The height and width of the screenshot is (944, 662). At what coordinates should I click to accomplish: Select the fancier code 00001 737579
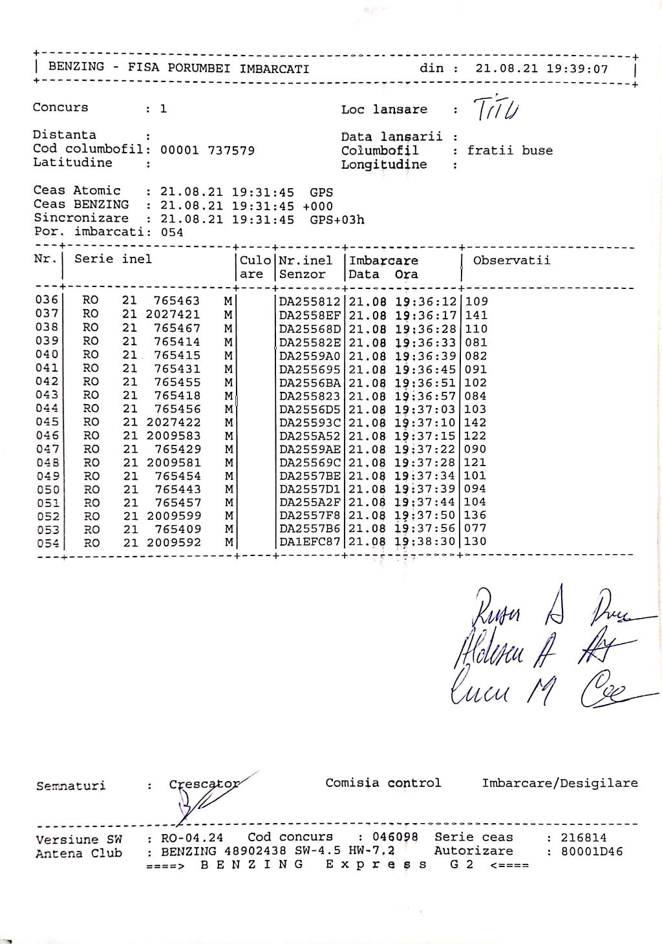point(207,150)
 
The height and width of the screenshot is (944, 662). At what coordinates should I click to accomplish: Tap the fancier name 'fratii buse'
point(510,151)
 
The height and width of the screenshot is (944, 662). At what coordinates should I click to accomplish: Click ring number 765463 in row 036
point(176,301)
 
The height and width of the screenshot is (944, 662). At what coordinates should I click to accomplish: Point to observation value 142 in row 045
point(475,422)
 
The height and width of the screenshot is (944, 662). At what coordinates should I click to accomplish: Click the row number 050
point(47,489)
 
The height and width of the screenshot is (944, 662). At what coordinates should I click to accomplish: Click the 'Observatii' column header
point(511,261)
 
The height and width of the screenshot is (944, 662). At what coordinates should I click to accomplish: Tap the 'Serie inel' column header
point(113,259)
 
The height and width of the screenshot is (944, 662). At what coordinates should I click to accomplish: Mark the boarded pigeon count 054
point(171,233)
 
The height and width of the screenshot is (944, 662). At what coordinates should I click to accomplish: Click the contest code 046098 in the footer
point(395,837)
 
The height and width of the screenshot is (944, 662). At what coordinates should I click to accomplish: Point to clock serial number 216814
point(583,838)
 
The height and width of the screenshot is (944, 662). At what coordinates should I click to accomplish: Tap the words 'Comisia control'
point(383,783)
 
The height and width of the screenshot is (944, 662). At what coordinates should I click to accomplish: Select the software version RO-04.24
point(192,838)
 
